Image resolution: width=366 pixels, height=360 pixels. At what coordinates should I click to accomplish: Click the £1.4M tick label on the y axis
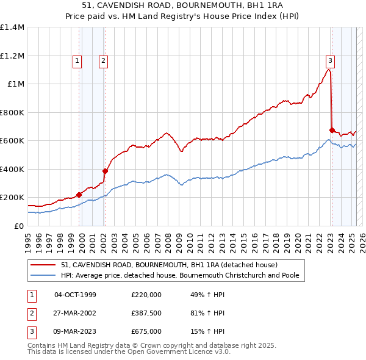(x=12, y=27)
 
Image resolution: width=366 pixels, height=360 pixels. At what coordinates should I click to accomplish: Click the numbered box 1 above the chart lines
(x=77, y=60)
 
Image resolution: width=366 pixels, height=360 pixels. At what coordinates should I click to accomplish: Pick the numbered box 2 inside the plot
(x=104, y=60)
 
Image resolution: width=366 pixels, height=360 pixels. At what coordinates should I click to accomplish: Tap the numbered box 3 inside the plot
(x=330, y=60)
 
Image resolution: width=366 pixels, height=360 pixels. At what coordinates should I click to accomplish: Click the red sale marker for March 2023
(x=332, y=130)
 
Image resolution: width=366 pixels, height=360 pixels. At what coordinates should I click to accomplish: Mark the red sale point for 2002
(x=105, y=171)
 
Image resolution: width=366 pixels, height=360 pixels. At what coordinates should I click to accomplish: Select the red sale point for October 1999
(x=79, y=195)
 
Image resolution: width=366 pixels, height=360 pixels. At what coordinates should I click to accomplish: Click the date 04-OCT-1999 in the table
(x=75, y=295)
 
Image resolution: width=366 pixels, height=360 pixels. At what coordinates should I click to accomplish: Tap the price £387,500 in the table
(x=146, y=313)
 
